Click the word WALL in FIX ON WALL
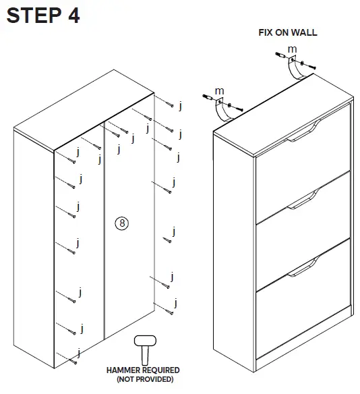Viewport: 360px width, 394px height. (304, 32)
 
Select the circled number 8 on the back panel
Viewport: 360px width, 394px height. (122, 222)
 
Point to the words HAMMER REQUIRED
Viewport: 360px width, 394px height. (143, 370)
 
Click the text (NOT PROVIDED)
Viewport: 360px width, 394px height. (143, 379)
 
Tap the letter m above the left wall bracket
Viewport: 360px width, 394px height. (219, 90)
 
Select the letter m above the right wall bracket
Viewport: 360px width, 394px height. (291, 50)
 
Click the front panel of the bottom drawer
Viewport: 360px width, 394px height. (303, 317)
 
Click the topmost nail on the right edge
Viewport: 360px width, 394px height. (171, 105)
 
